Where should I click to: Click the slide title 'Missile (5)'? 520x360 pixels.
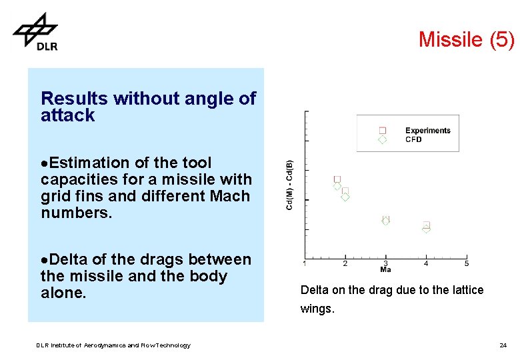(x=466, y=39)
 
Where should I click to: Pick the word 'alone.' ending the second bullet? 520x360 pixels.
(x=64, y=293)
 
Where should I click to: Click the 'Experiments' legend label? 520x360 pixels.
(x=427, y=131)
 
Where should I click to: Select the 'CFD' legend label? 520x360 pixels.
(x=413, y=139)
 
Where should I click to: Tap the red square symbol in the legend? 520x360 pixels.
(x=383, y=131)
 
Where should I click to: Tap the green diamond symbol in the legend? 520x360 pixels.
(x=383, y=139)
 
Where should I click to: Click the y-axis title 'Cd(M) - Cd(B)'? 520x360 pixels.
(x=289, y=185)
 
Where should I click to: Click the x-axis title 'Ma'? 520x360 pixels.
(x=385, y=269)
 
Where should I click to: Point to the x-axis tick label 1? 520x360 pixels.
(x=305, y=264)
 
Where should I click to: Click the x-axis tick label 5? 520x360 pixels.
(x=467, y=264)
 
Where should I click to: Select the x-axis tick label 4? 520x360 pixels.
(x=426, y=264)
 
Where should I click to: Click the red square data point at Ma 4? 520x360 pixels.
(x=427, y=225)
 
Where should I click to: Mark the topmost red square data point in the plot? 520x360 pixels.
(x=337, y=179)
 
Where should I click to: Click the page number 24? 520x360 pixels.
(x=503, y=345)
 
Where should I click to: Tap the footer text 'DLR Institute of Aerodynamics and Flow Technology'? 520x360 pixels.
(x=113, y=345)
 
